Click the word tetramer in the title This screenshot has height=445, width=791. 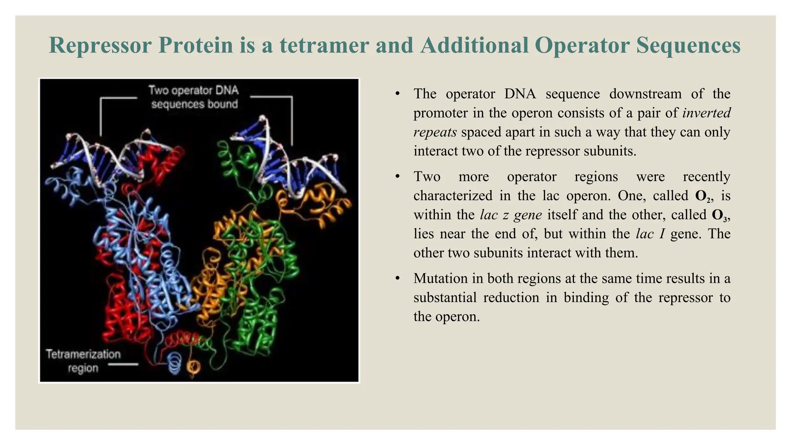[x=324, y=45]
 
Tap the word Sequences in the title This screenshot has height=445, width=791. [x=688, y=45]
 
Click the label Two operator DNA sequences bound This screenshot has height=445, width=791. [x=194, y=97]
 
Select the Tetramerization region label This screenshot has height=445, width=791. [x=83, y=361]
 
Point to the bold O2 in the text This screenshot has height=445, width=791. [x=703, y=196]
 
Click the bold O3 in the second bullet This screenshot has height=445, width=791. [x=719, y=215]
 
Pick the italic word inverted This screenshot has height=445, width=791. [x=706, y=113]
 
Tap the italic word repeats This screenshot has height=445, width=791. [x=435, y=132]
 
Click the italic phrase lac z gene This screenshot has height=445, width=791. [x=511, y=215]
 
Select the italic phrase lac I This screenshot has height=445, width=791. [x=650, y=234]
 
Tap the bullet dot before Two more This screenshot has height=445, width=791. [x=397, y=177]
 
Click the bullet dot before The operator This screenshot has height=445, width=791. [x=397, y=94]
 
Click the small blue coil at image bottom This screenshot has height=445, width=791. [x=175, y=363]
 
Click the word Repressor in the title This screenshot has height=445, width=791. [x=100, y=45]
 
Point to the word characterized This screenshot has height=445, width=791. [x=452, y=196]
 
